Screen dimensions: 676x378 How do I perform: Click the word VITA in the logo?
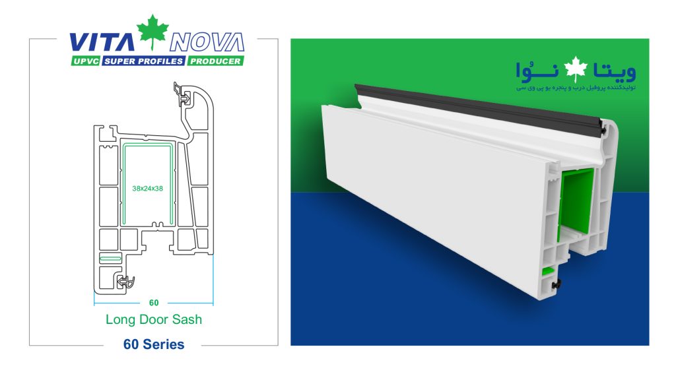click(x=102, y=42)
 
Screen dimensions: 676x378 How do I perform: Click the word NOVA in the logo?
click(x=207, y=42)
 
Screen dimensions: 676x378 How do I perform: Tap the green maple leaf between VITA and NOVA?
click(x=152, y=32)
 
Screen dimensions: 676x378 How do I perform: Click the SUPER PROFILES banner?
click(x=143, y=61)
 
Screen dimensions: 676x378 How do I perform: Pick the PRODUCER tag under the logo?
click(x=215, y=61)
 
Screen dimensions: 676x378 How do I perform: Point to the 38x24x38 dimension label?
click(x=147, y=189)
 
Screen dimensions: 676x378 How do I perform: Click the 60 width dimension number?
click(x=154, y=303)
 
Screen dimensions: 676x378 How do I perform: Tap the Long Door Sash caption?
click(x=154, y=319)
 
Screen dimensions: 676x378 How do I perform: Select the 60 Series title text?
click(x=154, y=344)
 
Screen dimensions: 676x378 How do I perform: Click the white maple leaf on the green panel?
click(x=576, y=69)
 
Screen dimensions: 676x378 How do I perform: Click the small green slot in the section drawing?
click(x=110, y=259)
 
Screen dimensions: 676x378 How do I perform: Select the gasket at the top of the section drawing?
click(x=182, y=94)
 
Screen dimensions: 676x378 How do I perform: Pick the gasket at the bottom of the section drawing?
click(x=125, y=282)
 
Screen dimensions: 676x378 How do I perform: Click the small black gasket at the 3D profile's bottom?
click(x=557, y=284)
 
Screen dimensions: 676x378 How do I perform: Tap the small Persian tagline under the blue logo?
click(x=576, y=88)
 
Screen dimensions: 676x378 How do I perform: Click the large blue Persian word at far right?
click(x=615, y=71)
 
